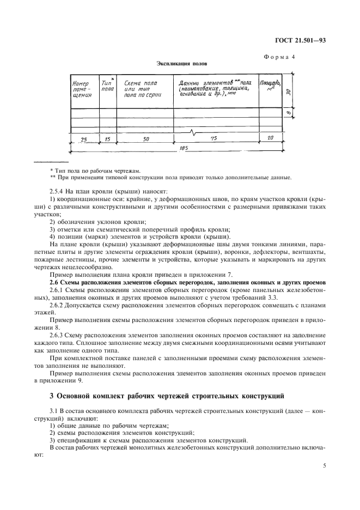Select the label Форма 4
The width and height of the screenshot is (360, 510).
pyautogui.click(x=295, y=57)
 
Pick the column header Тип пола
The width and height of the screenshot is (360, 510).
pyautogui.click(x=107, y=84)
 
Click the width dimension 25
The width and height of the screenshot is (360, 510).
pyautogui.click(x=83, y=139)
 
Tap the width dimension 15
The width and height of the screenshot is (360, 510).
pyautogui.click(x=107, y=139)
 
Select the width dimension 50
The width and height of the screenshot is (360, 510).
pyautogui.click(x=146, y=139)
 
